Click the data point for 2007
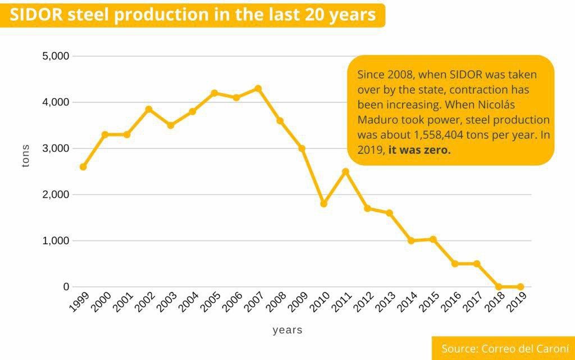(258, 88)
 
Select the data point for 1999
(83, 167)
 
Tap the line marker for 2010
(323, 203)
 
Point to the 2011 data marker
(345, 171)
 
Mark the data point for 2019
(521, 286)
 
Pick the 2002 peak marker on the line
(149, 109)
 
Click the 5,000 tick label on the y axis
(56, 56)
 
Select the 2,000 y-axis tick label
(56, 194)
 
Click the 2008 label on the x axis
(276, 304)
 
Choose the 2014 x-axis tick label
(407, 304)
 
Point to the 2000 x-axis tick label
(101, 304)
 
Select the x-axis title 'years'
(287, 330)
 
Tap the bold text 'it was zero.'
(419, 151)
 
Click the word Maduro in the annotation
(375, 120)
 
